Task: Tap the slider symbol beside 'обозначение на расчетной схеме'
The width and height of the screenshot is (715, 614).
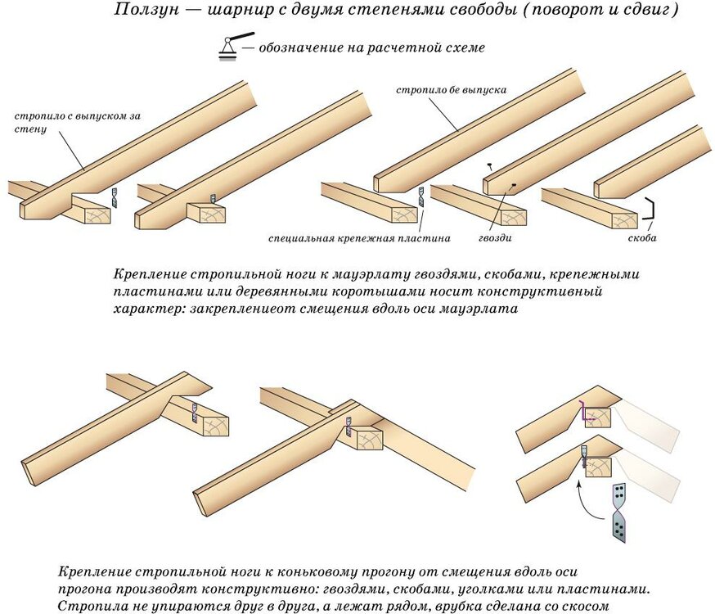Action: point(230,47)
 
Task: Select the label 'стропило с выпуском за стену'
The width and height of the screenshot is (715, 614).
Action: point(77,122)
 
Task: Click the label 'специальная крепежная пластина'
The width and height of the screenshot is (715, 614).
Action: point(359,239)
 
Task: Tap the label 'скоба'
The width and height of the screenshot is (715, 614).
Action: point(641,239)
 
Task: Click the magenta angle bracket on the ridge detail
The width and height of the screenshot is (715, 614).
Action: point(582,411)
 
